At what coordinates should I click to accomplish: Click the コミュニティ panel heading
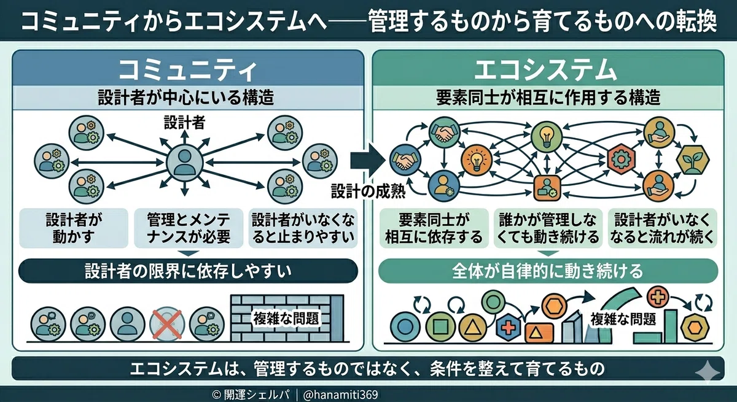point(188,71)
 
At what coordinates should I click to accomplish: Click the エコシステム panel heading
point(545,71)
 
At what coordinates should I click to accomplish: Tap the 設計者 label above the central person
point(185,123)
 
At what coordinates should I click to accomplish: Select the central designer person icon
point(185,163)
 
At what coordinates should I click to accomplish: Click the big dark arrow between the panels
point(367,161)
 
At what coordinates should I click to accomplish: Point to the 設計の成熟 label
point(368,191)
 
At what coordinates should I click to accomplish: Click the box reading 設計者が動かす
point(74,228)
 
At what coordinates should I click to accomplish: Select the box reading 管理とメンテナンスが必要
point(189,228)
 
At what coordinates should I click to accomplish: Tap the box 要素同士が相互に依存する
point(434,228)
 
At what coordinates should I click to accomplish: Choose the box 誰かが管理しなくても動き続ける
point(548,228)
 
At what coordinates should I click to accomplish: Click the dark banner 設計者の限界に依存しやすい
point(188,271)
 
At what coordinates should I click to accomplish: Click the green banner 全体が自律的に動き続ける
point(548,271)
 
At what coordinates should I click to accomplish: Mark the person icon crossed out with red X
point(167,325)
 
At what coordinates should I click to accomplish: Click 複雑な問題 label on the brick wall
point(286,318)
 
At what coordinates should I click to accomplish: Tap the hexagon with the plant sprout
point(693,160)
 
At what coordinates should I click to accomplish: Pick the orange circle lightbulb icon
point(477,160)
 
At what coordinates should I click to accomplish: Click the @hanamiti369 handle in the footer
point(340,395)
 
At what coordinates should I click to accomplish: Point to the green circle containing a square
point(440,327)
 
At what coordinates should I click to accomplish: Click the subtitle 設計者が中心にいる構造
point(186,98)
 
